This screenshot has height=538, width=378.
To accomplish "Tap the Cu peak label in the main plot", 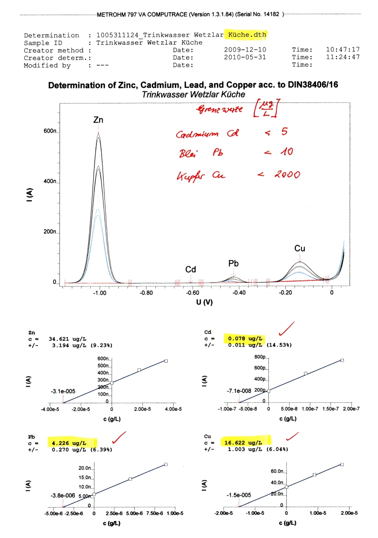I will point(300,248).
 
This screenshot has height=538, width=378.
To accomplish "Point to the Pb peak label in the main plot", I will point(233,262).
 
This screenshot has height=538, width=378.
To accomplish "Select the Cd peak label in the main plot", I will point(190,269).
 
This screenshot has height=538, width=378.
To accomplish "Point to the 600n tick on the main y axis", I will point(50,131).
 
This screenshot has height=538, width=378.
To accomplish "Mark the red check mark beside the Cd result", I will point(286,328).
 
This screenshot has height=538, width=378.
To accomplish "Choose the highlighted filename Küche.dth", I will point(247,35).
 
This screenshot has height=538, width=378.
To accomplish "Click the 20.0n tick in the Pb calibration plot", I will point(83,468).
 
